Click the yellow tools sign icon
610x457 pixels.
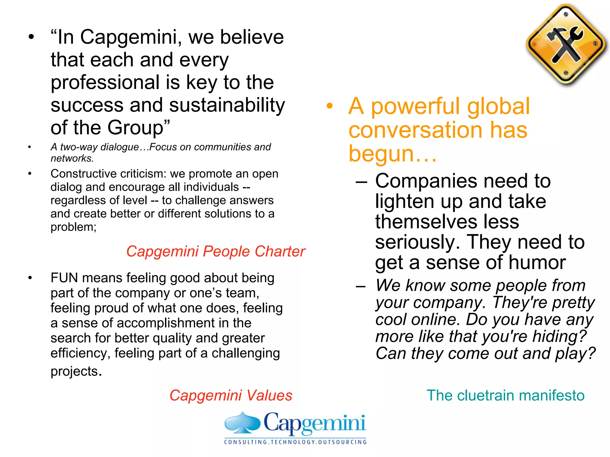566,45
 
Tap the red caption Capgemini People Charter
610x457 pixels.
216,251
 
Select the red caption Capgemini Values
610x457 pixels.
231,395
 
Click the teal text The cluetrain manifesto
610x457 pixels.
505,395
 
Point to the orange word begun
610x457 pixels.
381,154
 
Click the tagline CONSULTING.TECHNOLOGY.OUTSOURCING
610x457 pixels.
295,442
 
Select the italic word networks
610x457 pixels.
71,158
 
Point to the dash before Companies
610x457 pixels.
361,181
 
